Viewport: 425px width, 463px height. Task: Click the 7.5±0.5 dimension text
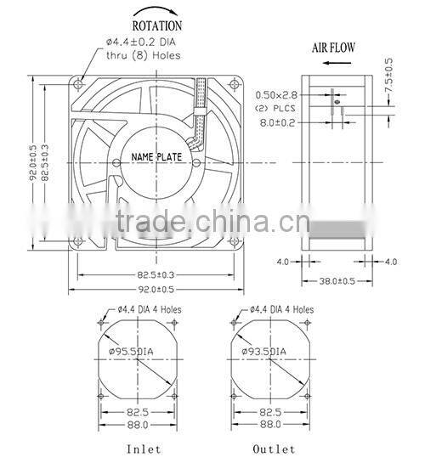click(x=390, y=75)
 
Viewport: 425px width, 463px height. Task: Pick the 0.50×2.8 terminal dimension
click(x=277, y=95)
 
